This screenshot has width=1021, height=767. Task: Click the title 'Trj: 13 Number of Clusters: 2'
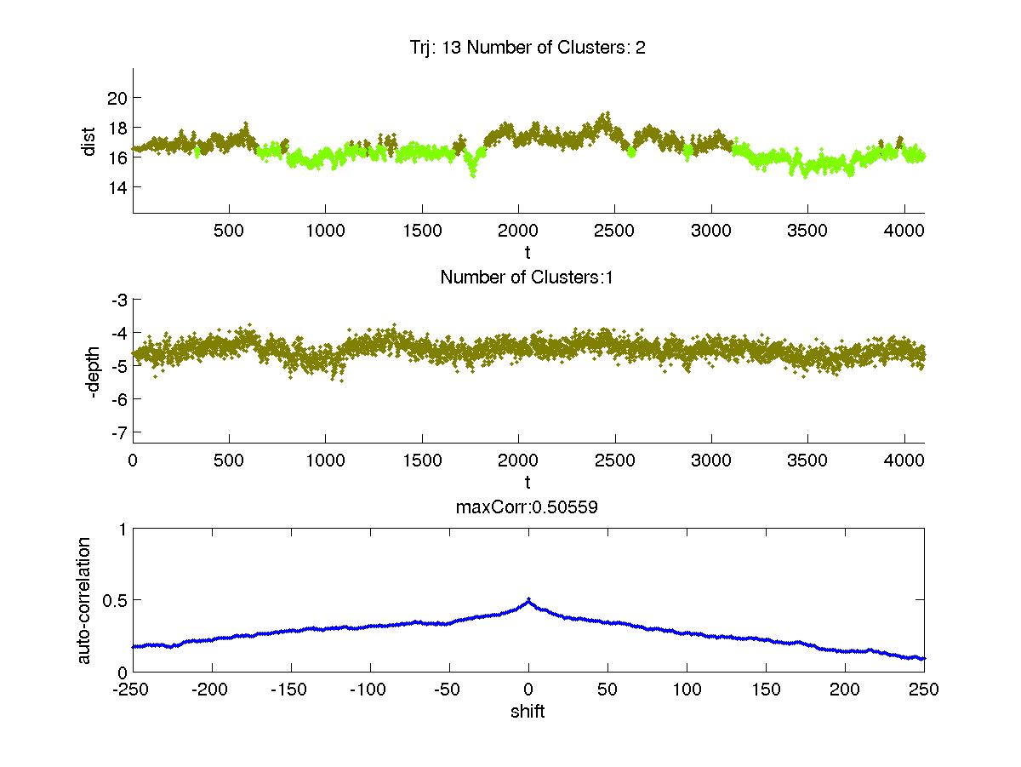point(528,48)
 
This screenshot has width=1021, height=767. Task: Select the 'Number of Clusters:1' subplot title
point(528,277)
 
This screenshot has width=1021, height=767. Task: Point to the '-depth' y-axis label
point(96,371)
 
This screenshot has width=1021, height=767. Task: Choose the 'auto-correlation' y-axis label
point(85,600)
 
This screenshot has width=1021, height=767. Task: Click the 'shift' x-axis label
point(528,712)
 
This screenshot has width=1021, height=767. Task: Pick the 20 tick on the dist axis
point(117,98)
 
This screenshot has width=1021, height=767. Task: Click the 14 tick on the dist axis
point(117,187)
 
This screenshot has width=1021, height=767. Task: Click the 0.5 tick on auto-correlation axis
point(113,600)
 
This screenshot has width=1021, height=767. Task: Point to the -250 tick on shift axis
point(133,690)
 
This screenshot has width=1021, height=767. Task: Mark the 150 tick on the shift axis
point(766,690)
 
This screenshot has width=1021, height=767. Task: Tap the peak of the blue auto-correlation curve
point(528,599)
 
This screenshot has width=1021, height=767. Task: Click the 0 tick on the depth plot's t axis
point(133,461)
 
